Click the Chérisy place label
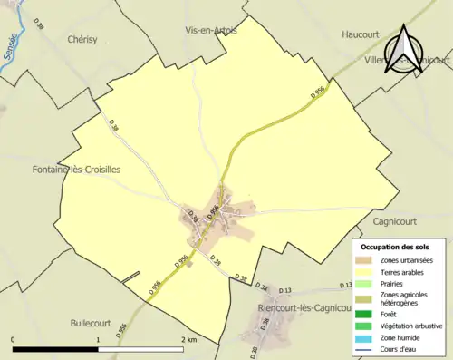click(x=87, y=40)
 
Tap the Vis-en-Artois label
click(x=211, y=30)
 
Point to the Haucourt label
click(x=360, y=34)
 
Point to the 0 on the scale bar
click(x=14, y=340)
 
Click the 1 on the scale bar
click(x=98, y=340)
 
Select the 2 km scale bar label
click(x=188, y=340)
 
